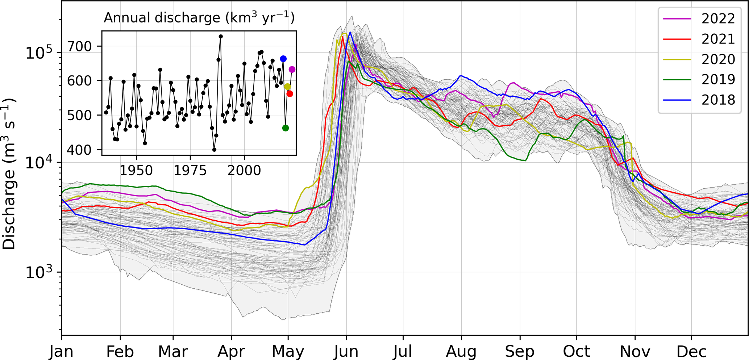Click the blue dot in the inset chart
[x=283, y=59]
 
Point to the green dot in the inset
[x=286, y=128]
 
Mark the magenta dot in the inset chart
[x=292, y=70]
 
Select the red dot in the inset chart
[x=290, y=94]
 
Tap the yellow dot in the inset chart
[x=288, y=87]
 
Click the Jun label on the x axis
[x=346, y=351]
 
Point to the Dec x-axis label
[x=691, y=351]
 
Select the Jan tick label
[x=62, y=351]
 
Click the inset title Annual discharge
[x=199, y=18]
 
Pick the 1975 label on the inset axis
[x=190, y=171]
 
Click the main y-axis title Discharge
[x=9, y=174]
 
